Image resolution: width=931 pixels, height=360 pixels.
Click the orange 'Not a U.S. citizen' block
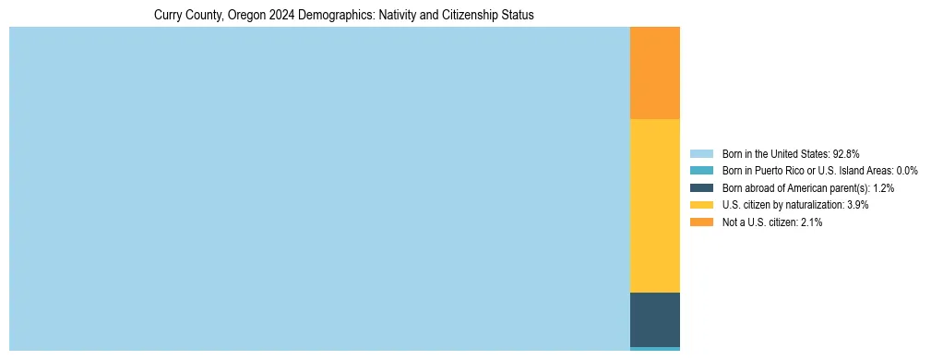654,73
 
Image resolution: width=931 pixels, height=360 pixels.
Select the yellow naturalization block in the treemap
654,206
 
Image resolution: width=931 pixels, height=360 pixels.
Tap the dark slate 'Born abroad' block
654,319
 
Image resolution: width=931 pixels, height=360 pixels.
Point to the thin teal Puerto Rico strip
654,349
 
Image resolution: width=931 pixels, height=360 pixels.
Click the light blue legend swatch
701,153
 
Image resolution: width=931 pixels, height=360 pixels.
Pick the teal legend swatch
701,171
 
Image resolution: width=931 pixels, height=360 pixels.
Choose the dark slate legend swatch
701,187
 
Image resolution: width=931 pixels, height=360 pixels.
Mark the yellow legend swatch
701,205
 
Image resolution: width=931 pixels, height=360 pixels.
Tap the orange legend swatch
701,222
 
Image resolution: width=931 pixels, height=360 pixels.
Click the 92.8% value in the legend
846,153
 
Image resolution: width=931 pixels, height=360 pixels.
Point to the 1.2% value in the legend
882,188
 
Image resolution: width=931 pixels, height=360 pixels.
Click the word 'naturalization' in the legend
813,205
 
